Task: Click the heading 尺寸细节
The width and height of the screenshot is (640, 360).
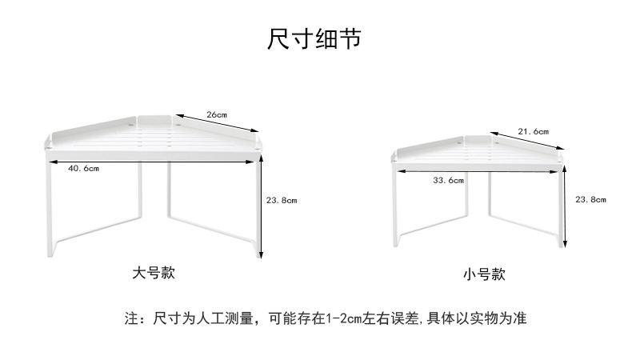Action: [x=314, y=38]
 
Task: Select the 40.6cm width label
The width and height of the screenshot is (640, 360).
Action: [x=83, y=168]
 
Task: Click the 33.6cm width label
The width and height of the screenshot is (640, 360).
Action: [x=448, y=181]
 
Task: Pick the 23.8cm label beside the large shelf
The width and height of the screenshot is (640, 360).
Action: [x=281, y=200]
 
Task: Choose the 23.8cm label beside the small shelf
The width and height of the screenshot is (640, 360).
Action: [x=590, y=199]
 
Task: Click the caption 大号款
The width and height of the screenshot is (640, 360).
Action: [x=153, y=273]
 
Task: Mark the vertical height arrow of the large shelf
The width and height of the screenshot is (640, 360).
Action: [x=262, y=207]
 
